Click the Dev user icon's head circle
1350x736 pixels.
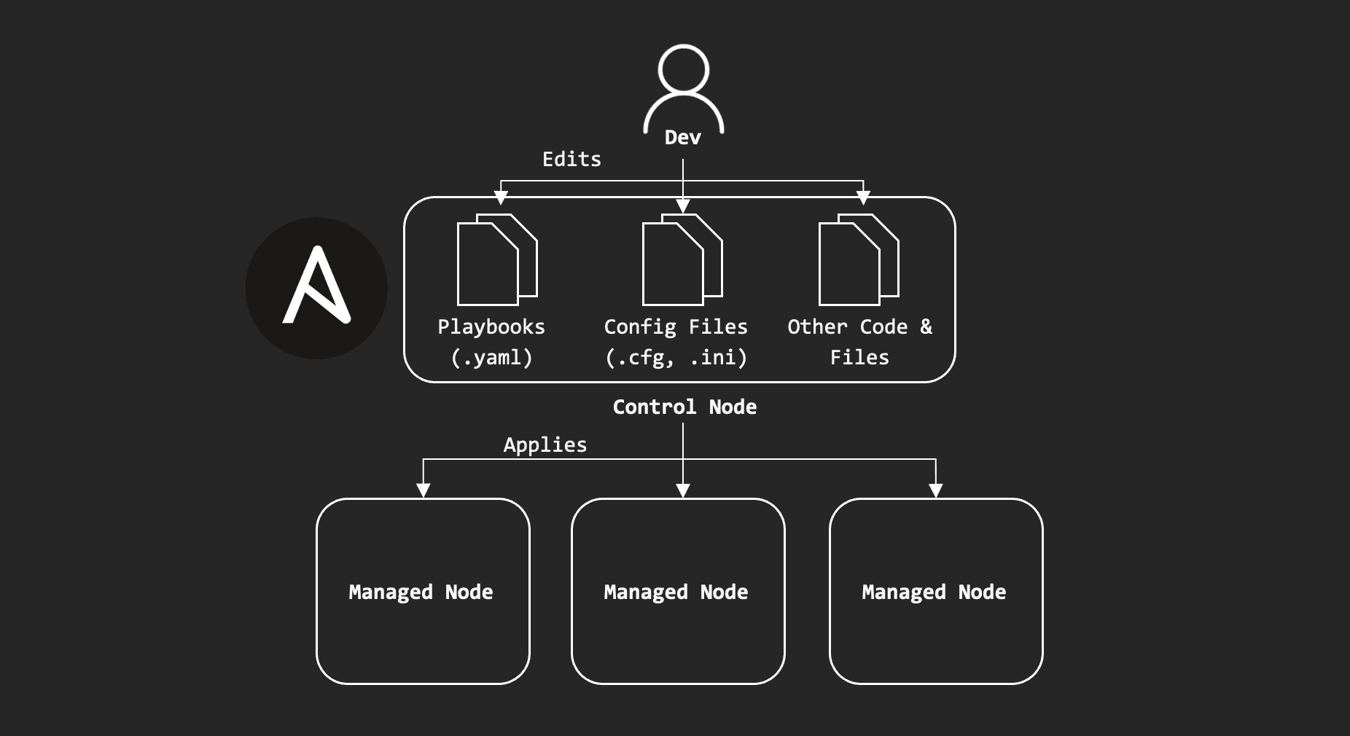[683, 70]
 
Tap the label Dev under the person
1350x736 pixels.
[683, 138]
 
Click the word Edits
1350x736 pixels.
[571, 160]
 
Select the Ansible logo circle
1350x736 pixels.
[316, 288]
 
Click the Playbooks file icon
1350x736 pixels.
[496, 259]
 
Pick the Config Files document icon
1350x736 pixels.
[682, 259]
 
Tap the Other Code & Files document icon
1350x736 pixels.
[859, 259]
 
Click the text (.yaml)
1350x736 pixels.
[491, 358]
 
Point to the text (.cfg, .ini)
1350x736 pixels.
[676, 358]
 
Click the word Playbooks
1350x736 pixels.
[491, 327]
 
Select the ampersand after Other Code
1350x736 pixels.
[926, 327]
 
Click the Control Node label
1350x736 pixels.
[684, 407]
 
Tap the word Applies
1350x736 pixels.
[545, 445]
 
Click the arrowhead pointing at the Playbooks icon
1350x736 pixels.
[501, 197]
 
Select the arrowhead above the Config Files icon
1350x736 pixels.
[683, 206]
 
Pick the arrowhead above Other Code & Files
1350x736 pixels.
[863, 197]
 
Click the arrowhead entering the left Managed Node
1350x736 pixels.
[424, 490]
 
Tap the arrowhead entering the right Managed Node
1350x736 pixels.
[936, 490]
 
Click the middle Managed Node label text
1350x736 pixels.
[676, 592]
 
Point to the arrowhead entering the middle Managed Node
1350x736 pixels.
[683, 490]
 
